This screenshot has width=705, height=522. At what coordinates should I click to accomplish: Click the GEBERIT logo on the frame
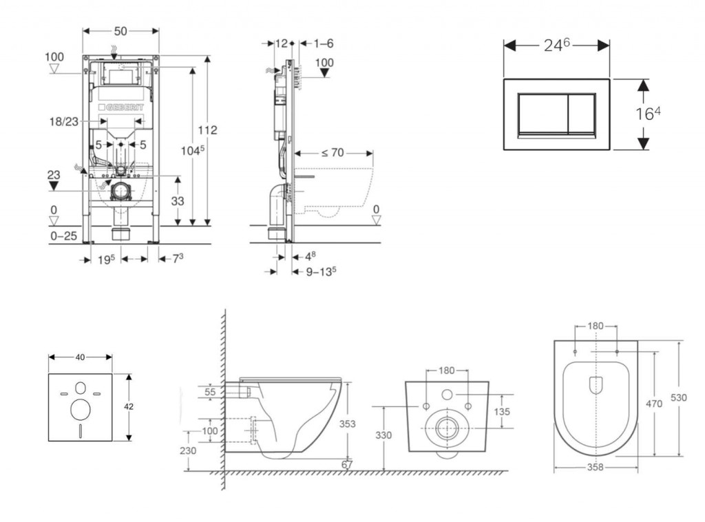(121, 107)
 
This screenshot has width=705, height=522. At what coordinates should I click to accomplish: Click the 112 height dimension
(208, 130)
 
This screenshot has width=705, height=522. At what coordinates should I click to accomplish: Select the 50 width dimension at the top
(120, 31)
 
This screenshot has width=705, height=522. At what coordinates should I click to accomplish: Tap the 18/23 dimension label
(64, 121)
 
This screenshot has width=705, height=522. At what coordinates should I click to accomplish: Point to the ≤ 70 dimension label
(333, 153)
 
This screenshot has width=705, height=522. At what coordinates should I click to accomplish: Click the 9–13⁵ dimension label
(322, 271)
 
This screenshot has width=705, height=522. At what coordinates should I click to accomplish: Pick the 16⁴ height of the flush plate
(648, 114)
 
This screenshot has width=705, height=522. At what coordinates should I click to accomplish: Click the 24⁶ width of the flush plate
(557, 45)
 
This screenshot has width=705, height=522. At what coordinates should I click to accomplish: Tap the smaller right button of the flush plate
(582, 114)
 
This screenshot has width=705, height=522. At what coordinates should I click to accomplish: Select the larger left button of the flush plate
(543, 114)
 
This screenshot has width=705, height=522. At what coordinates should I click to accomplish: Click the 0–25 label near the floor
(63, 236)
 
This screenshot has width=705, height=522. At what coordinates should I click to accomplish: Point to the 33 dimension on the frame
(178, 201)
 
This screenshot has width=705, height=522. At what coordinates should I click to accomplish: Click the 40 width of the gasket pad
(80, 357)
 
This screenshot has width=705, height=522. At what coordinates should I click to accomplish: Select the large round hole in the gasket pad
(81, 408)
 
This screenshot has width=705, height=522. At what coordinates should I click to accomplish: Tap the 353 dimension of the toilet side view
(348, 424)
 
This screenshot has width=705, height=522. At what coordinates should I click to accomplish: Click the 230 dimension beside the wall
(188, 450)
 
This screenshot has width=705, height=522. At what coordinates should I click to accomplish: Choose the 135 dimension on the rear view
(502, 411)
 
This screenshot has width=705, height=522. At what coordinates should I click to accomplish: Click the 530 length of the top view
(679, 398)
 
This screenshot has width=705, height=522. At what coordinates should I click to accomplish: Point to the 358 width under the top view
(596, 468)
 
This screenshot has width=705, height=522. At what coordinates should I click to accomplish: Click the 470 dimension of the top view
(654, 404)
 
